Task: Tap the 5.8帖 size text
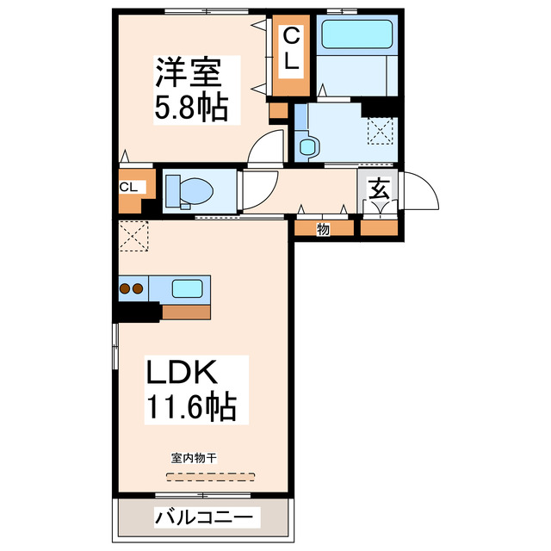191,108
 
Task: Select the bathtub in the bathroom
356,35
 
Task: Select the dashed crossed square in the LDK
133,234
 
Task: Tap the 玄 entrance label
379,189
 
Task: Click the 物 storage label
323,229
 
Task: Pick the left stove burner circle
125,288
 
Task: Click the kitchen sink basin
186,288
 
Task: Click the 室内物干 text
193,458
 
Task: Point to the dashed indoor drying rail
211,474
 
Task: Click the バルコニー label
204,517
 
